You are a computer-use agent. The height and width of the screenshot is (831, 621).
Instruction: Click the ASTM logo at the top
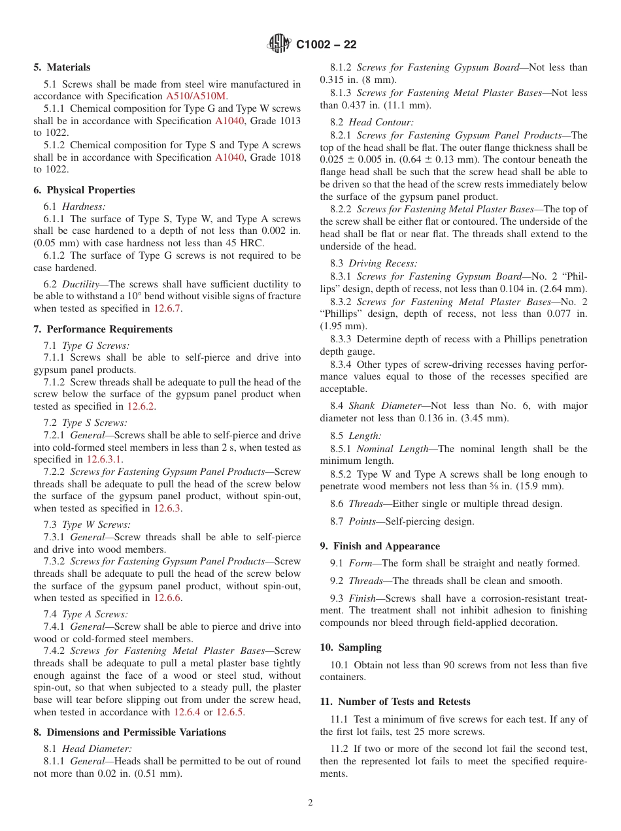tap(279, 44)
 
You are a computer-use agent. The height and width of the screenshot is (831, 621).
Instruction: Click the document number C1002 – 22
tap(326, 44)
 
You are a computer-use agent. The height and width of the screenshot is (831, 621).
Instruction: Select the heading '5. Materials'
tap(62, 67)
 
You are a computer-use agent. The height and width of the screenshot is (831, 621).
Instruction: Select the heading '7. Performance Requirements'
tap(103, 329)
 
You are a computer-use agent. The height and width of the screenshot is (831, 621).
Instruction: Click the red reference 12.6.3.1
tap(104, 459)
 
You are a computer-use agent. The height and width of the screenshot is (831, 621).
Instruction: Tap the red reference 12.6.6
tap(168, 597)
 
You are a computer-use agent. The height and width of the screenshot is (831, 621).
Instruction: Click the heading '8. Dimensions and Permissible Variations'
tap(129, 732)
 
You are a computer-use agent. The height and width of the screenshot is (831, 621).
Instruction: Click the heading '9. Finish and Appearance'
tap(380, 546)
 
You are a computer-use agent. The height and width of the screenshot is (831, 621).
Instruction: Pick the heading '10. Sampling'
tap(350, 647)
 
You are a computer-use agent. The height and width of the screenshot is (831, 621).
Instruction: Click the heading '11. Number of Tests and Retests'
tap(395, 702)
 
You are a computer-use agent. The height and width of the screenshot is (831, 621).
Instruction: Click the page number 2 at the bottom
tap(310, 803)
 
